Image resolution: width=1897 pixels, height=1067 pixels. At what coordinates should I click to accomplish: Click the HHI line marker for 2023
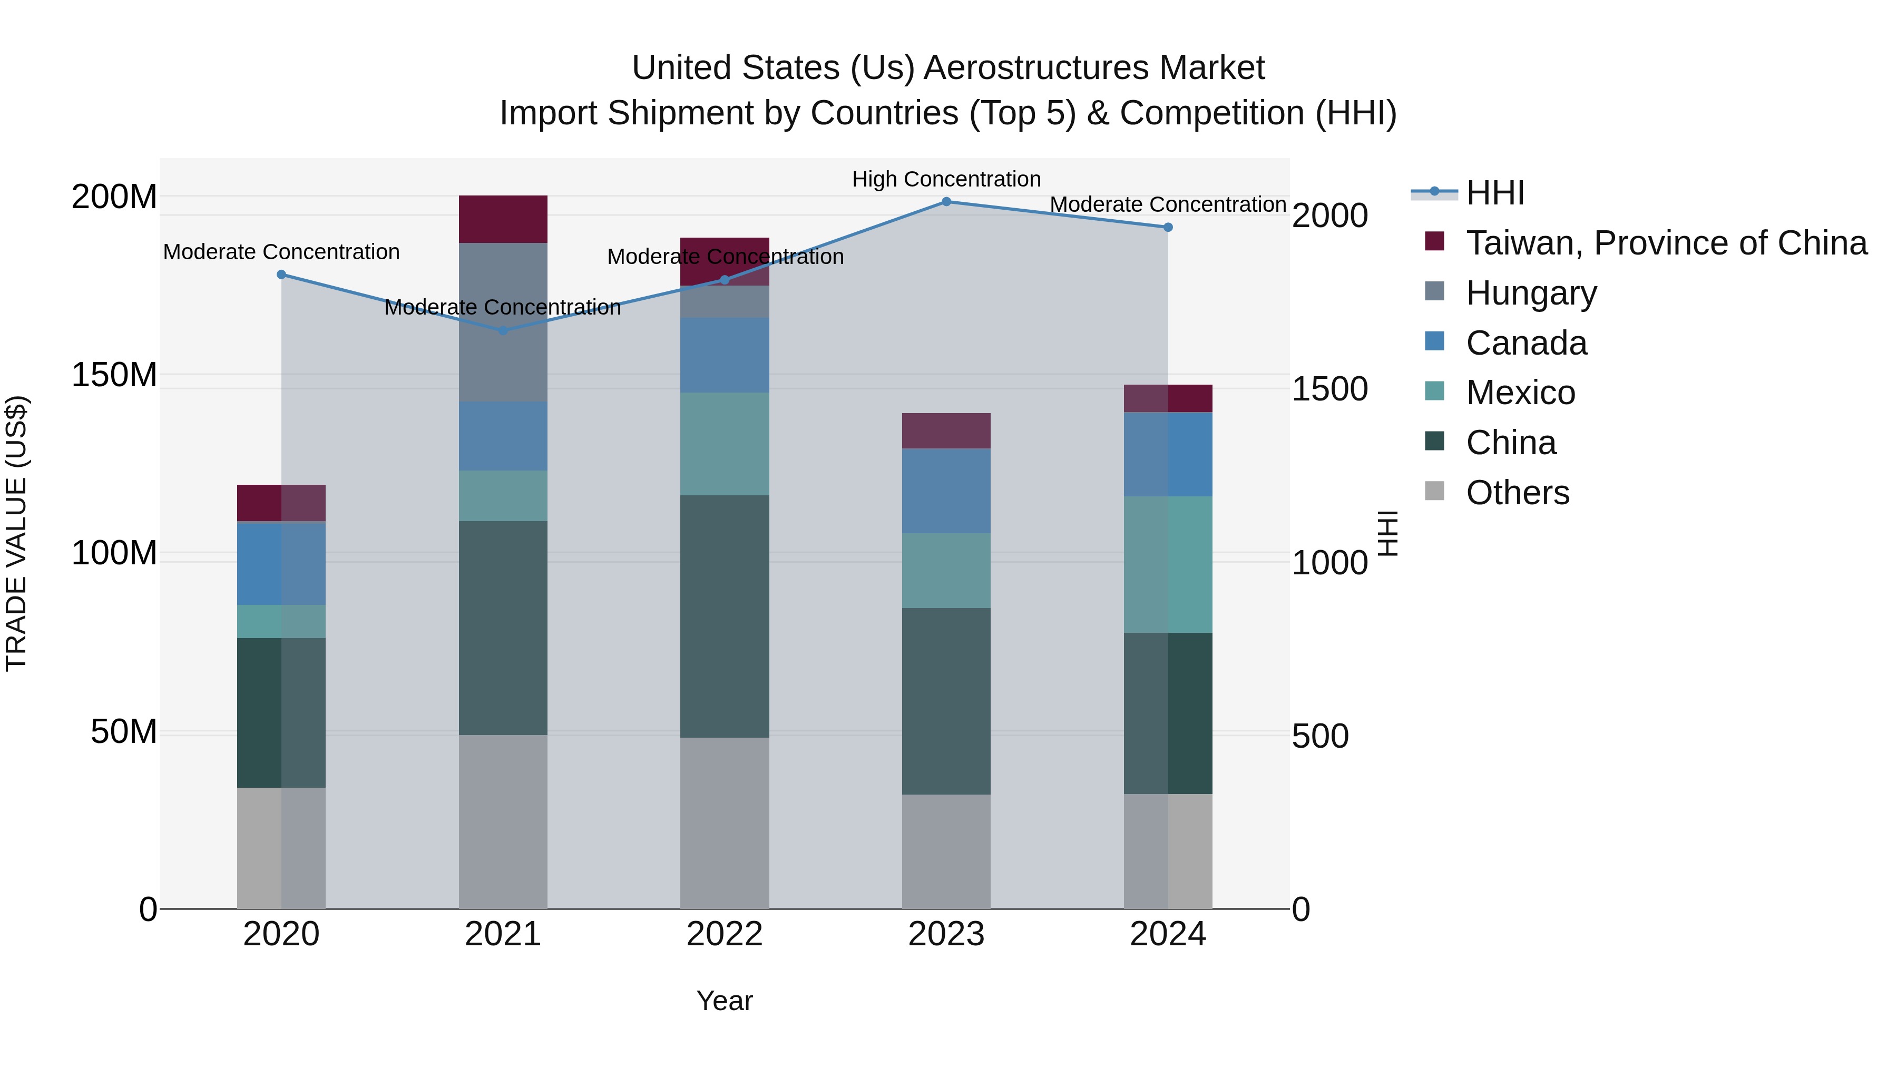(946, 202)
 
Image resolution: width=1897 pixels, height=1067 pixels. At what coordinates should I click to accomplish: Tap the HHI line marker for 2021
(503, 330)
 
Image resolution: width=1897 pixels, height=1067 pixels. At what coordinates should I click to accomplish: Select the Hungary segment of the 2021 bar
(503, 322)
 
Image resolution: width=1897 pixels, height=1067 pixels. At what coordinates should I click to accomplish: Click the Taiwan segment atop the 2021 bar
(503, 219)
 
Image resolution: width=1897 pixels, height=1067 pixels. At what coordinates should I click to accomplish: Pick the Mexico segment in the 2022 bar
(725, 443)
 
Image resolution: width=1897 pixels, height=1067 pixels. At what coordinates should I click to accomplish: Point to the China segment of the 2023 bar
(946, 700)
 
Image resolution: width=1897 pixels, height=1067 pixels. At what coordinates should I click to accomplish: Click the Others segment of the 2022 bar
(725, 823)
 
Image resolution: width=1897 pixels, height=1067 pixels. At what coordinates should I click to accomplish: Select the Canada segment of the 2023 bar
(946, 491)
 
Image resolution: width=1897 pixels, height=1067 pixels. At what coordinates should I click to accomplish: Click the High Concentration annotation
(946, 179)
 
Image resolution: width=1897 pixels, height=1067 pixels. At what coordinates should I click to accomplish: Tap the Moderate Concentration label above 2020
(281, 252)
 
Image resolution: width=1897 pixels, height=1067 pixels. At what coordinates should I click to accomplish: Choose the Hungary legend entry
(1531, 293)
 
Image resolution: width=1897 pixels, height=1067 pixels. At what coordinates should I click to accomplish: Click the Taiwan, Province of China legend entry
(1666, 243)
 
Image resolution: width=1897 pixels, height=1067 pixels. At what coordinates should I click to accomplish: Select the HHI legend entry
(1494, 193)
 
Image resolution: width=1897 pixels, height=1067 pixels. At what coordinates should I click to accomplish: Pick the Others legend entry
(1517, 493)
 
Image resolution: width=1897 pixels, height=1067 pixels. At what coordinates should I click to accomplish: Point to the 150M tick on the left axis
(114, 375)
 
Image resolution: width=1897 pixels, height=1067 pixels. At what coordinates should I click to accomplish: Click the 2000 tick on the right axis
(1330, 216)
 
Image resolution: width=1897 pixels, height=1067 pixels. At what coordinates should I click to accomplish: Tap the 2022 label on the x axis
(725, 934)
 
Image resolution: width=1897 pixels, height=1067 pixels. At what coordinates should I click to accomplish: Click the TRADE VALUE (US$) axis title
(16, 533)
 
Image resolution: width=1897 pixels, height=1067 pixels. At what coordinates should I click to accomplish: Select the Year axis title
(725, 1001)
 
